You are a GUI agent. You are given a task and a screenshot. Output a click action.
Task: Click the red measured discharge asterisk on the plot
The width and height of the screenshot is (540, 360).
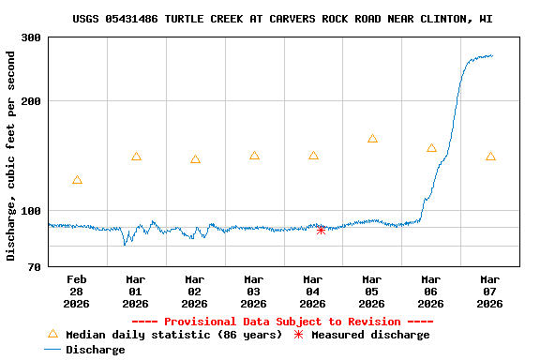click(x=321, y=229)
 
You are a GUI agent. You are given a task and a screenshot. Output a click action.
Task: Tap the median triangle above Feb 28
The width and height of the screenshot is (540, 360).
click(x=77, y=180)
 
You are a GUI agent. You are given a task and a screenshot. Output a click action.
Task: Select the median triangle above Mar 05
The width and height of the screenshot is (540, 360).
click(x=372, y=139)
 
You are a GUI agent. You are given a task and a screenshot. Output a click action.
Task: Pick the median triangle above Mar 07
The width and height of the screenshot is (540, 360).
click(x=490, y=157)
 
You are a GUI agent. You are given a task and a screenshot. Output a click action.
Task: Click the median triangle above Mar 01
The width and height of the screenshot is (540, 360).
click(x=136, y=157)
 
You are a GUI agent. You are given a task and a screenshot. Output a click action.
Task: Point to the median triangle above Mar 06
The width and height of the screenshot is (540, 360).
click(x=431, y=148)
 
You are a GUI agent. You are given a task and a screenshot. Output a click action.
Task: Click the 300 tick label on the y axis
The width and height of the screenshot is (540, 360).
click(x=30, y=37)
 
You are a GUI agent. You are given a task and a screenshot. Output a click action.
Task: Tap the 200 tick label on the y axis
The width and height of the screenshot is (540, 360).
click(x=30, y=101)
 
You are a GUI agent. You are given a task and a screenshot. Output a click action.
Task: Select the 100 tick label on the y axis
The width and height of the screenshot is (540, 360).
click(x=30, y=211)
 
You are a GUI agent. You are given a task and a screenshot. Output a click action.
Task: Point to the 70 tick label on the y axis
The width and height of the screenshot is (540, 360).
click(x=34, y=267)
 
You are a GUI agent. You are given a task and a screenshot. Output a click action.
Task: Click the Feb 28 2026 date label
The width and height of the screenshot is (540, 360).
click(x=77, y=292)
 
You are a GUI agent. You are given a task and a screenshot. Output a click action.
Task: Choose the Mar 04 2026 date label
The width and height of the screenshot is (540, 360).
click(x=313, y=292)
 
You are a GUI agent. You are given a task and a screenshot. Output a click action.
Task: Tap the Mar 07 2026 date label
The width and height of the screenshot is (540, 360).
click(x=490, y=292)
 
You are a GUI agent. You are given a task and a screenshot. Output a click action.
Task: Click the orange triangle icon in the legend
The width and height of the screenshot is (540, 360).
click(x=52, y=335)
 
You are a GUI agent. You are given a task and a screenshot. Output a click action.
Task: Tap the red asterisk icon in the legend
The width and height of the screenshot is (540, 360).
click(x=299, y=335)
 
